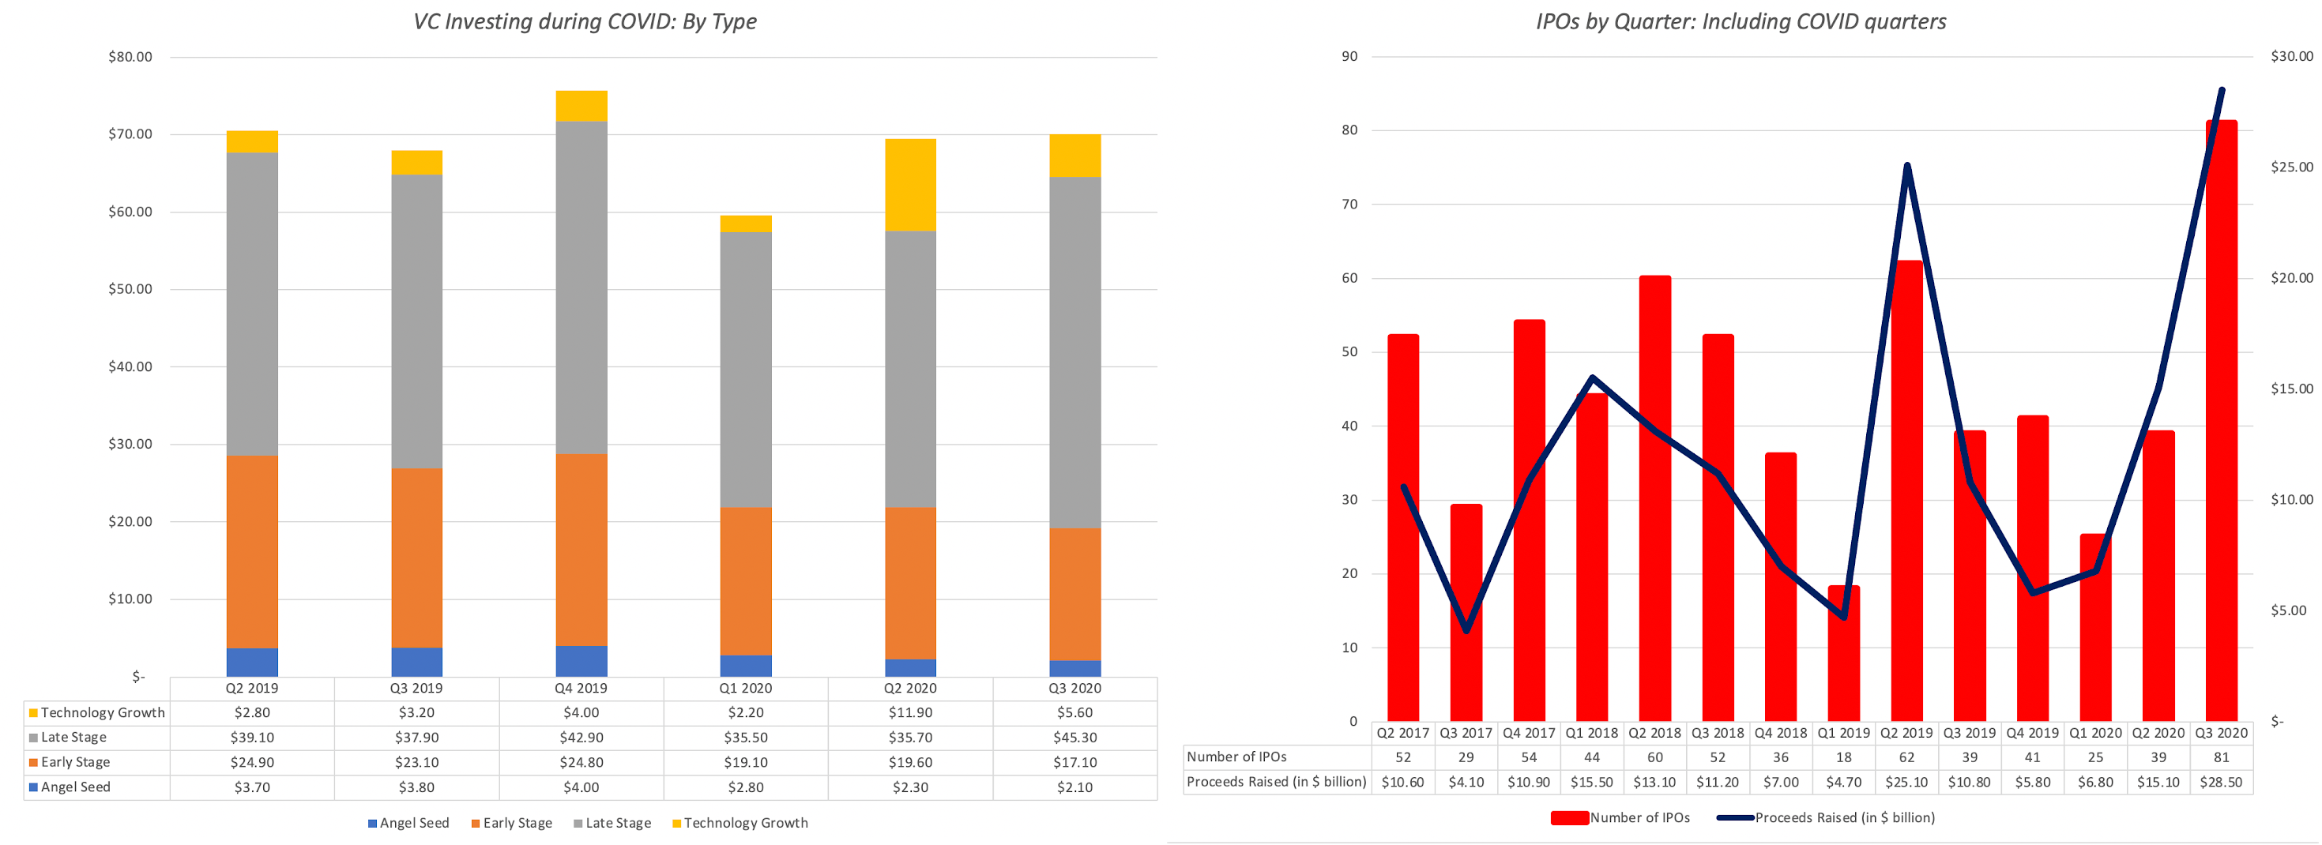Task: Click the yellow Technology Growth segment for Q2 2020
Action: (x=910, y=185)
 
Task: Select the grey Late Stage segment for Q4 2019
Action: (x=581, y=287)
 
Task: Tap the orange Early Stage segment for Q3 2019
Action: (x=416, y=558)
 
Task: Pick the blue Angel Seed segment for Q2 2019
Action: (x=252, y=662)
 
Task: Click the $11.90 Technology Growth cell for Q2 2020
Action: (x=910, y=712)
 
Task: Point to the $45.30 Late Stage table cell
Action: (x=1074, y=737)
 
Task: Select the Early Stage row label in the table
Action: (x=76, y=762)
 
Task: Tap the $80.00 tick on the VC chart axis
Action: (x=130, y=57)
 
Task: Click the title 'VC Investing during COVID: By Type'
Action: (x=585, y=21)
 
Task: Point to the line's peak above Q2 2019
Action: (x=1907, y=166)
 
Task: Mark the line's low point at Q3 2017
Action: (x=1466, y=629)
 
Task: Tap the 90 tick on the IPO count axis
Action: (x=1349, y=57)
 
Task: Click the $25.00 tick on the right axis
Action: (x=2291, y=167)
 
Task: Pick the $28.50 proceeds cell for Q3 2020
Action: (x=2221, y=782)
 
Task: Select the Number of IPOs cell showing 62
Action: (x=1906, y=757)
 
